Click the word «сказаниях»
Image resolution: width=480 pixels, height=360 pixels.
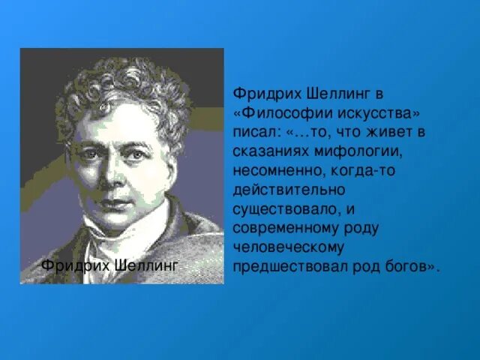pyautogui.click(x=270, y=151)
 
